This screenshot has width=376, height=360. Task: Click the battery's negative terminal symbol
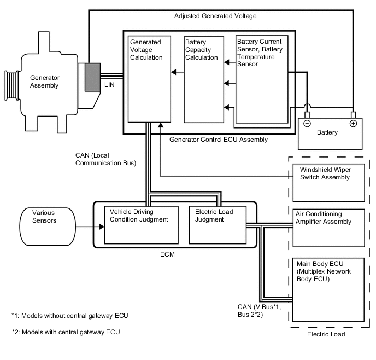[307, 123]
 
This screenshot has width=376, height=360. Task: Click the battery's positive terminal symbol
[353, 123]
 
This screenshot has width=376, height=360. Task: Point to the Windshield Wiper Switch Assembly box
[328, 181]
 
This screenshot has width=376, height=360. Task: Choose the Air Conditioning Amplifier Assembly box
[328, 228]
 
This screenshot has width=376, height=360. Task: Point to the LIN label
[109, 86]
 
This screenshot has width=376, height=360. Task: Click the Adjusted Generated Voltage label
[215, 16]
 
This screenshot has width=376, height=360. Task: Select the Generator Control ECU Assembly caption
[219, 140]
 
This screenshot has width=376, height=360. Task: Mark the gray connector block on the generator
[92, 77]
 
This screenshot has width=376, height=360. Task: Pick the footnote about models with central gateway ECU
[66, 332]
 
